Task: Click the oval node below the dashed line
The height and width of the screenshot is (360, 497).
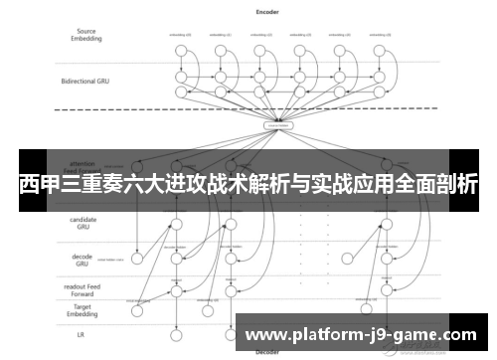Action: tap(277, 126)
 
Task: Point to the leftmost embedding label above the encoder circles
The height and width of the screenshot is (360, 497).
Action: tap(181, 34)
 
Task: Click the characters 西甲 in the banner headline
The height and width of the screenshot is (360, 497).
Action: tap(35, 185)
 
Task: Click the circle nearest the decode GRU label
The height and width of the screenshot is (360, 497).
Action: tap(178, 258)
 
